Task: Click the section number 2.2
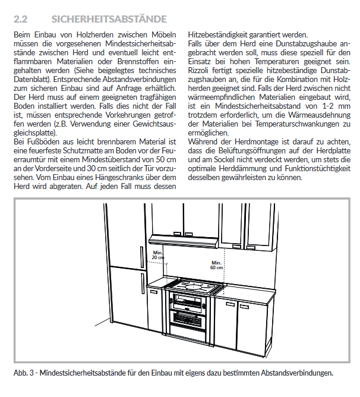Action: pyautogui.click(x=23, y=20)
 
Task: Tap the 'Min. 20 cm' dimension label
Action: pyautogui.click(x=157, y=255)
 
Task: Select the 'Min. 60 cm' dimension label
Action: pyautogui.click(x=217, y=264)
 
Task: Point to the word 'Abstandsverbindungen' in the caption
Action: pyautogui.click(x=295, y=373)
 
